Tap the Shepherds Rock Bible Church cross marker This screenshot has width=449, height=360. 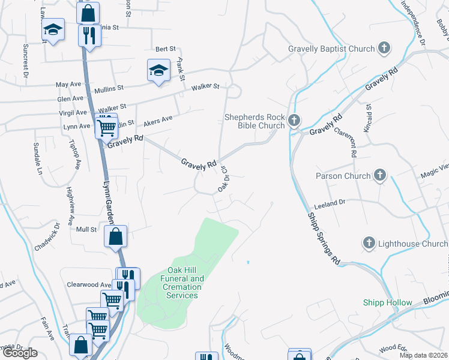coord(294,121)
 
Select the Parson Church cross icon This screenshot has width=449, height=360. coord(379,176)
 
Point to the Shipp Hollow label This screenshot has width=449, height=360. coord(388,303)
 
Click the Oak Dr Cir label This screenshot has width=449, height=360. coord(224,179)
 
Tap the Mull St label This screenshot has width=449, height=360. coord(86,229)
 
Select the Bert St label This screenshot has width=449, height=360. coord(165,49)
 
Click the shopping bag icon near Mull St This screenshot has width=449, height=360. coord(116,236)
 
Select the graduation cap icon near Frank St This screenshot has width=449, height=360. coord(158,70)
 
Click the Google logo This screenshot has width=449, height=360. coord(20,354)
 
